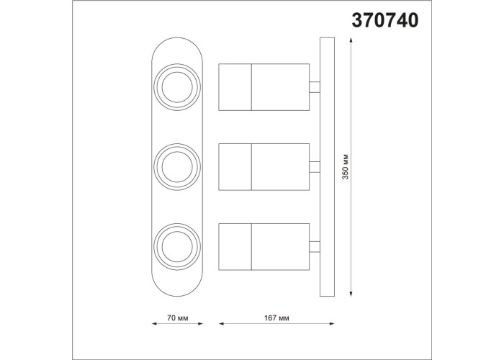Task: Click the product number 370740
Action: click(x=385, y=21)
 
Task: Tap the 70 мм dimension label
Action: click(x=177, y=318)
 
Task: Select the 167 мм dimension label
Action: click(x=276, y=318)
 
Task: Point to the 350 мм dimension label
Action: click(x=345, y=166)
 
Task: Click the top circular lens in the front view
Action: click(x=177, y=87)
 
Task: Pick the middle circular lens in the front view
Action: click(x=177, y=167)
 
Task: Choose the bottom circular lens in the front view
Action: click(x=177, y=247)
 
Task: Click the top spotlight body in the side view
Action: click(x=264, y=87)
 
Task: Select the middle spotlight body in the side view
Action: click(x=264, y=167)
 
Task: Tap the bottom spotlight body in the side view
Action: click(x=264, y=247)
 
